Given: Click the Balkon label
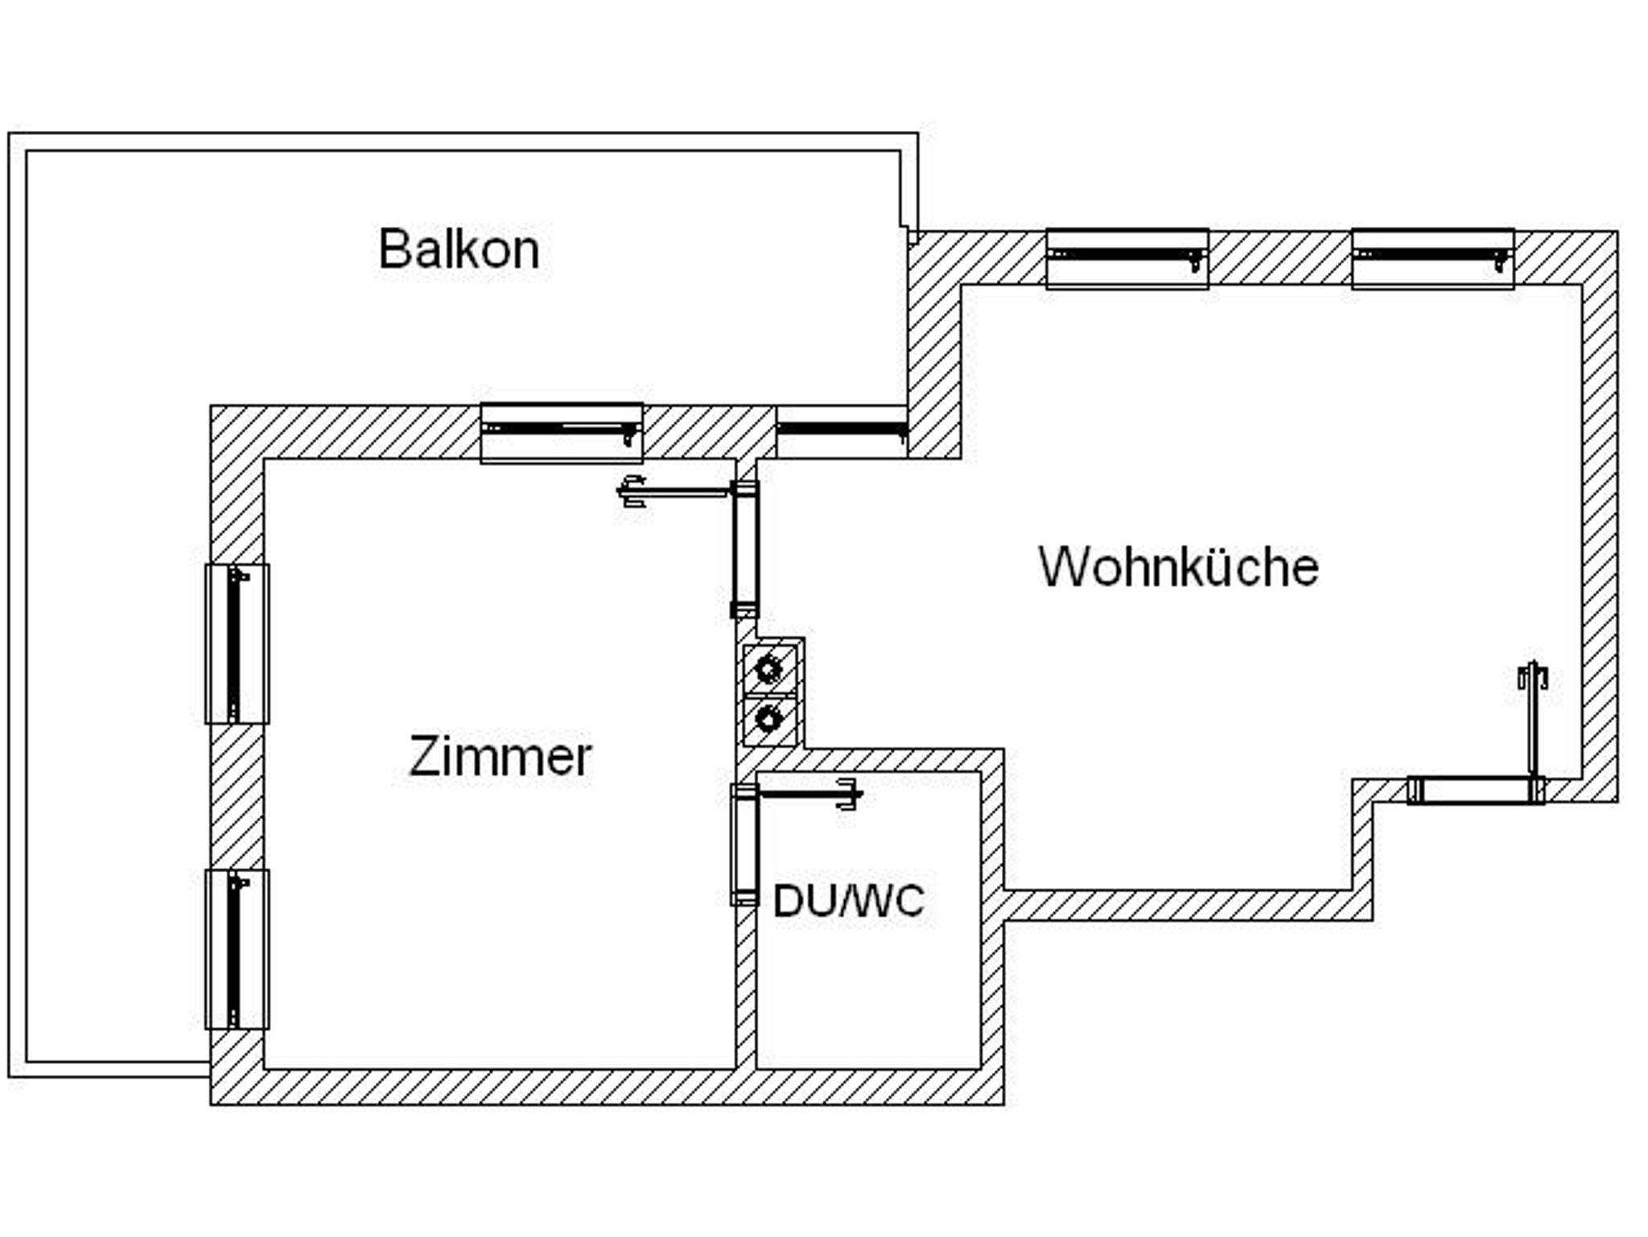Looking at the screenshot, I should [459, 249].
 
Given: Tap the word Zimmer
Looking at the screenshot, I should [500, 757].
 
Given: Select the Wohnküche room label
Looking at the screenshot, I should [1178, 567].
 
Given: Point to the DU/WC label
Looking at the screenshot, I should [848, 901].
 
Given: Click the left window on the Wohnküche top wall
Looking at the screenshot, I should [1127, 258].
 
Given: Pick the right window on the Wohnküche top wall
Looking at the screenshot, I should [1432, 258].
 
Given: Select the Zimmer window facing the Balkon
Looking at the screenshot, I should [562, 433].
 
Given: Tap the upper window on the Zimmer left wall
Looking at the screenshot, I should [237, 643].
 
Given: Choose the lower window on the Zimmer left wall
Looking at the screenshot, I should [237, 949].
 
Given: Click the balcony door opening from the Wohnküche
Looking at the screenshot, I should [842, 432].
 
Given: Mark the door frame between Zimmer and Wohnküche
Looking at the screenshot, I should [745, 549].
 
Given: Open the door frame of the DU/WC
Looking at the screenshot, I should [745, 845].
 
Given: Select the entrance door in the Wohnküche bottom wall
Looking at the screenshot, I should [1476, 791].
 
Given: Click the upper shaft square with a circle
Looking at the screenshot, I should [770, 668].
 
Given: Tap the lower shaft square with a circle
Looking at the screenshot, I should [770, 719].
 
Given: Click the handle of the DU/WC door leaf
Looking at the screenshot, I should [849, 795].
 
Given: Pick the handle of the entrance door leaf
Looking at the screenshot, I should [1533, 676].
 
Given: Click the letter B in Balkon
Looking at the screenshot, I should [393, 249].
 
